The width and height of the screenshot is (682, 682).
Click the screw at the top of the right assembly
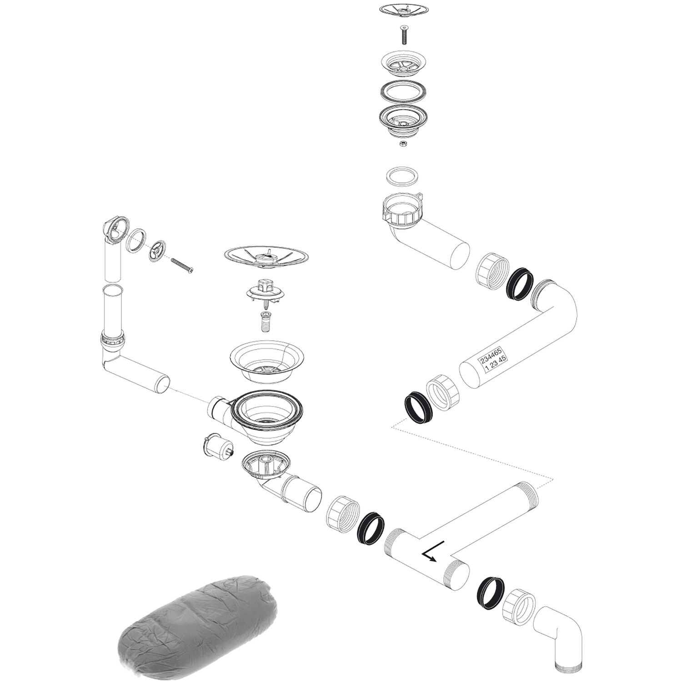pos(404,35)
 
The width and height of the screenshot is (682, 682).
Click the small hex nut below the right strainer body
pos(402,144)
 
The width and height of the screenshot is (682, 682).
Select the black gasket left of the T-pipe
pos(371,528)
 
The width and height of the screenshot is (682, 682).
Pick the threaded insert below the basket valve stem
pos(266,322)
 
